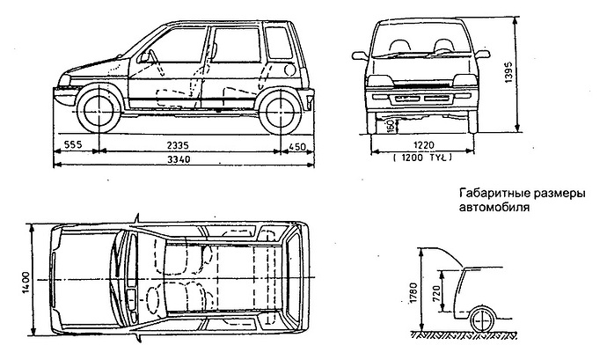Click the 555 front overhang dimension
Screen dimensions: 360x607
click(x=75, y=144)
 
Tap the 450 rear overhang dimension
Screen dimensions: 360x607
click(x=298, y=144)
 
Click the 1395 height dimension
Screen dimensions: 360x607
click(x=509, y=77)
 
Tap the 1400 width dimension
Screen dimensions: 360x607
click(x=27, y=279)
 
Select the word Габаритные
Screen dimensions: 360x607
click(x=494, y=194)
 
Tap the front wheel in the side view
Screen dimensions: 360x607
click(x=98, y=110)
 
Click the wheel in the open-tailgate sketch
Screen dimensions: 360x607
click(x=482, y=319)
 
